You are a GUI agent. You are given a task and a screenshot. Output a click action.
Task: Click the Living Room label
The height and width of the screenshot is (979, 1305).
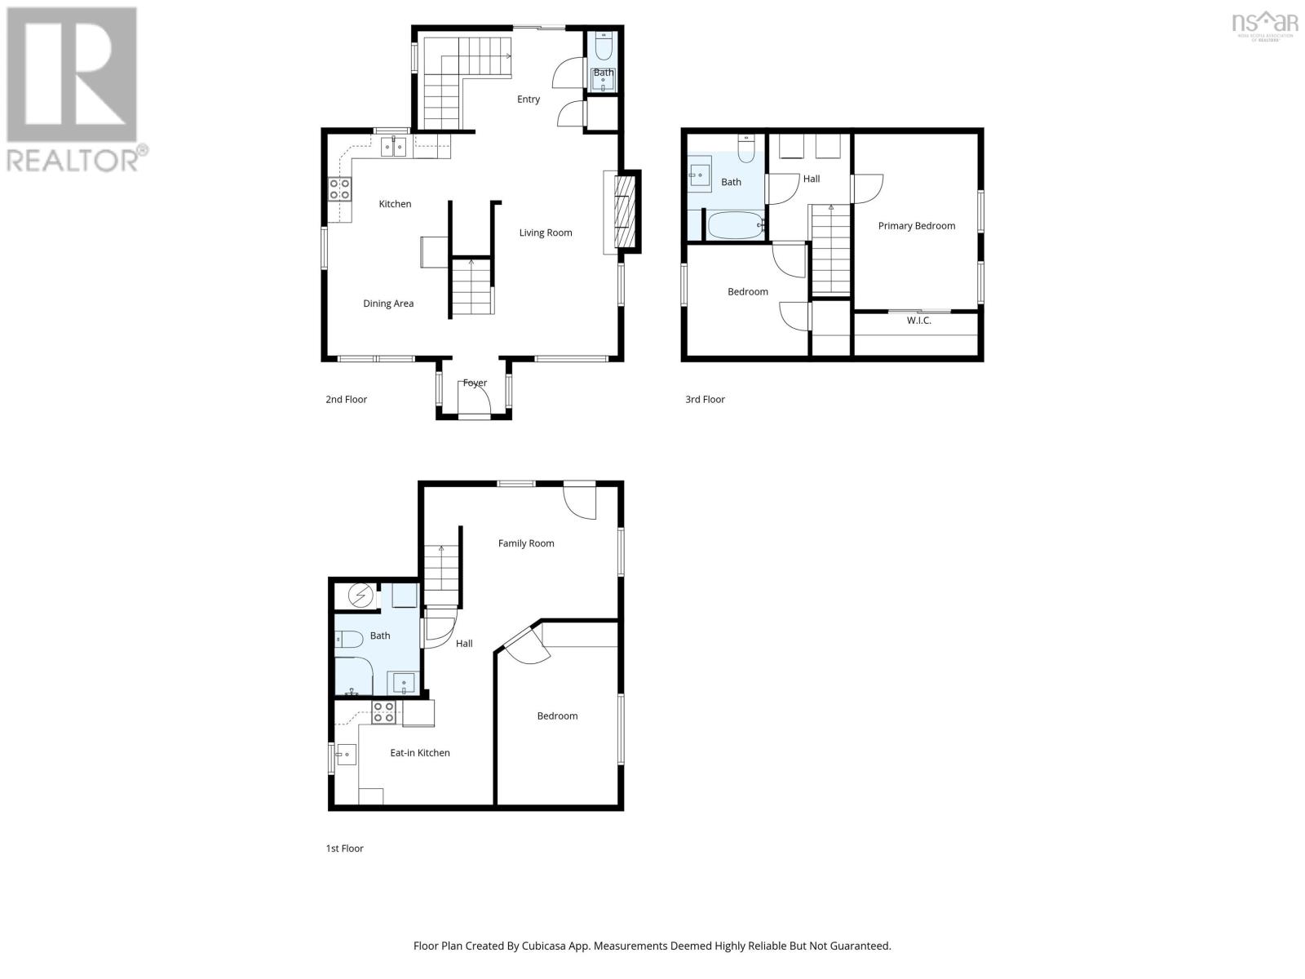[x=546, y=233]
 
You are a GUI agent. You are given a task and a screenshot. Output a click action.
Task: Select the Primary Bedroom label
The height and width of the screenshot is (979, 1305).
[x=916, y=226]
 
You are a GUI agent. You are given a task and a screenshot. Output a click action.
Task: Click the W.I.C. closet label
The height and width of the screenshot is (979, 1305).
[x=918, y=321]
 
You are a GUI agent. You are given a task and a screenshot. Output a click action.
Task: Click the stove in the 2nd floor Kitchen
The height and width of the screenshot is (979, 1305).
[x=340, y=189]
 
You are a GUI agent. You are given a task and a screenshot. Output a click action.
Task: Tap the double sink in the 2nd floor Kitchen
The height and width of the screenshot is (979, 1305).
[x=395, y=147]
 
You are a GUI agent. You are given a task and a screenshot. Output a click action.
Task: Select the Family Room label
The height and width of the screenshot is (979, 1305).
[x=526, y=543]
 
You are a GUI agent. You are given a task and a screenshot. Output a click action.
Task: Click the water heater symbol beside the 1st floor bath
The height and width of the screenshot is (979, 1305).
[x=360, y=596]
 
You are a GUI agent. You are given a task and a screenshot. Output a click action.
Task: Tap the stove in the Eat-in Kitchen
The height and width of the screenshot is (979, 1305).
[x=383, y=712]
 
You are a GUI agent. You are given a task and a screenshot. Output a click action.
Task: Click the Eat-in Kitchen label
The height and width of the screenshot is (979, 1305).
[x=420, y=753]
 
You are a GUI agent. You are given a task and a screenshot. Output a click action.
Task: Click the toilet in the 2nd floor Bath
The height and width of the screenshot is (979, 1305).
[x=604, y=47]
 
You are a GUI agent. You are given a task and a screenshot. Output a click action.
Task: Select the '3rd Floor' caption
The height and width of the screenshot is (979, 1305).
[x=705, y=400]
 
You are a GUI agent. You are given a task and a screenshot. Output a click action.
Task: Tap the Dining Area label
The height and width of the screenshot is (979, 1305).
[x=388, y=303]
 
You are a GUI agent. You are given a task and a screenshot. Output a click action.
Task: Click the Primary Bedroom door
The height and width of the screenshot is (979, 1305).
[x=866, y=188]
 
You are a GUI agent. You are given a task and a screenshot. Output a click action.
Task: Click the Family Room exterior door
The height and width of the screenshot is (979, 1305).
[x=581, y=498]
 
